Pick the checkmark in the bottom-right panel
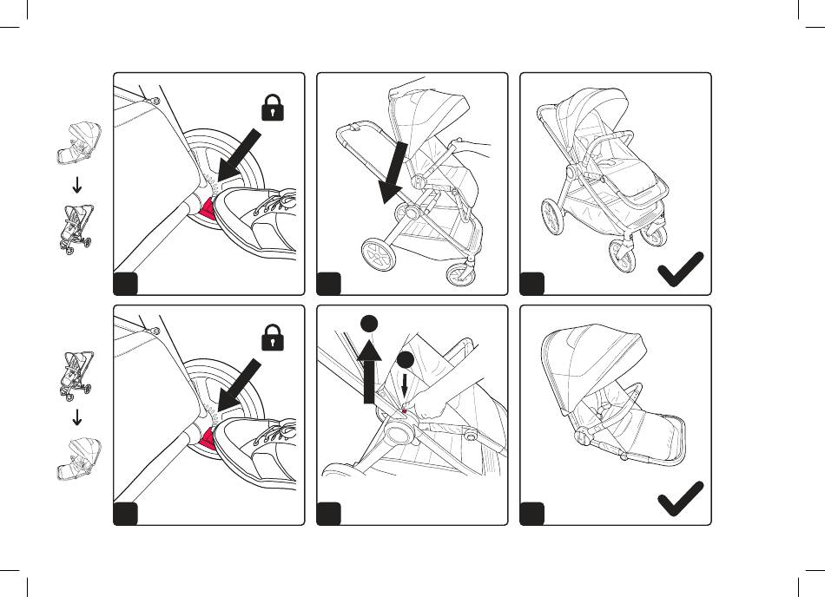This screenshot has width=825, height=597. point(680,502)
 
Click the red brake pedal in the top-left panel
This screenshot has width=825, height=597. point(209,208)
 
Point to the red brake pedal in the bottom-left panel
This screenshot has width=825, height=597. point(209,441)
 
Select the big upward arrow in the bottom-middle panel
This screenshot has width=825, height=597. point(370,371)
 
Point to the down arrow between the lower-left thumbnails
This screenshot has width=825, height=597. point(76,417)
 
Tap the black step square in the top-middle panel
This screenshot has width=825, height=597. point(328,283)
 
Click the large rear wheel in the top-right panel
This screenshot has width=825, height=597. point(552,217)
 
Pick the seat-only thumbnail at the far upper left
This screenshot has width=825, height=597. point(78,144)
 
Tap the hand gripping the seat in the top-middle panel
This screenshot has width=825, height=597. point(465,144)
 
